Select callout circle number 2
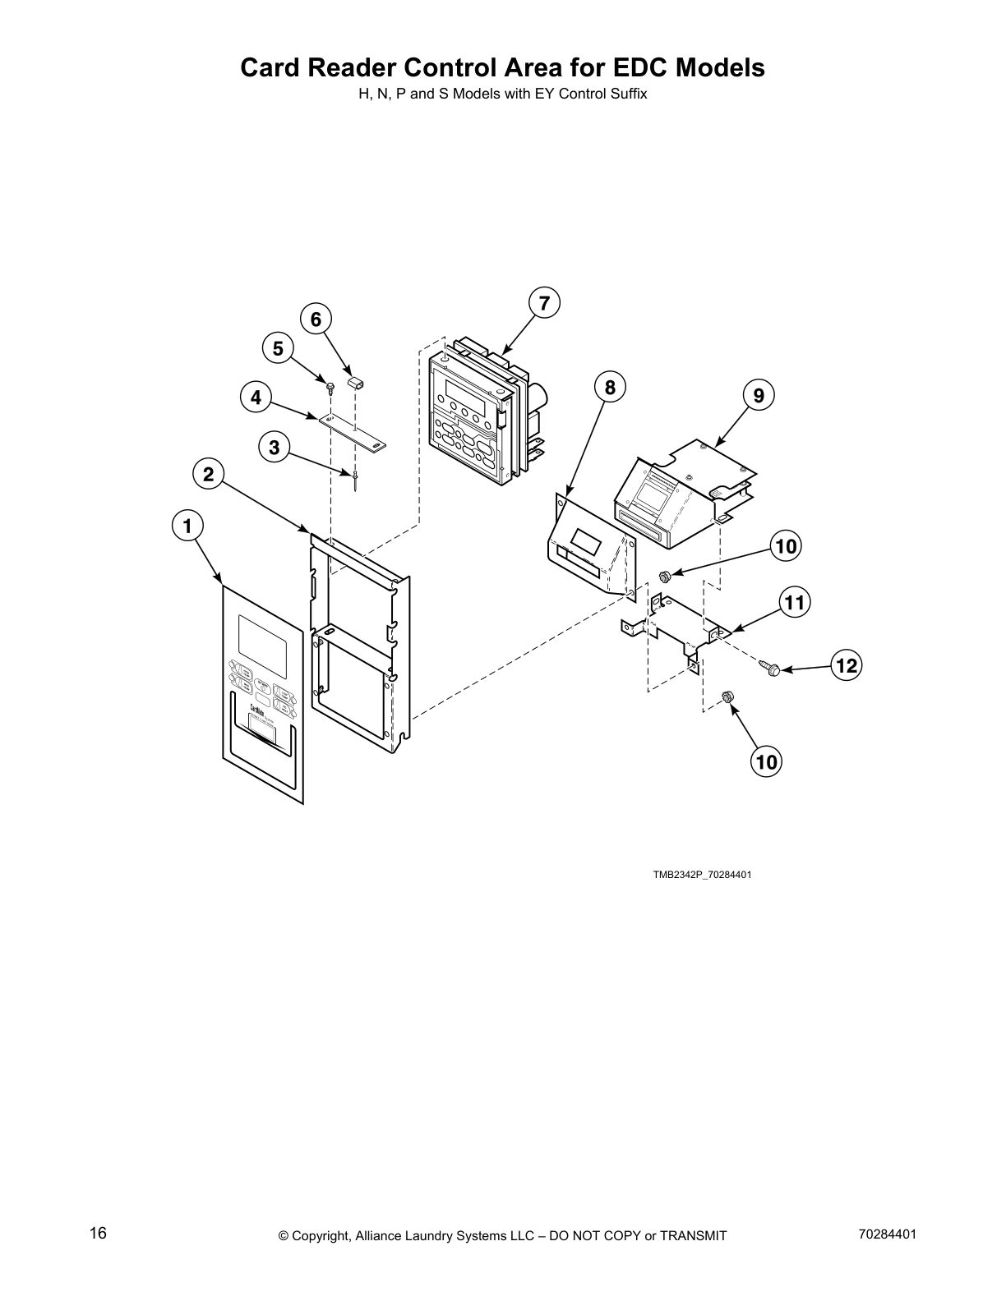208,474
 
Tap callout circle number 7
544,302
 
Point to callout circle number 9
759,396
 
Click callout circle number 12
847,665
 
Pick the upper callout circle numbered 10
786,546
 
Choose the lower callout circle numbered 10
766,762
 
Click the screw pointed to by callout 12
770,670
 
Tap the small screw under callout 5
330,386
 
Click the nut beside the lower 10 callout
727,697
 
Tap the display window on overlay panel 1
262,641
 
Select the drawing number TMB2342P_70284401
702,875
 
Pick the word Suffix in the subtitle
628,94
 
